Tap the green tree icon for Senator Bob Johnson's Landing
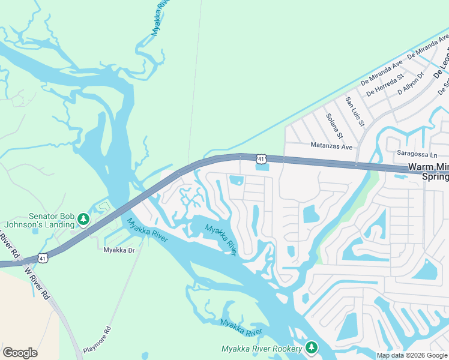(84, 219)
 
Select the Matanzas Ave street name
(332, 146)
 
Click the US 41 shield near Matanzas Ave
(260, 158)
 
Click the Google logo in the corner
(20, 353)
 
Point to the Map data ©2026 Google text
(411, 355)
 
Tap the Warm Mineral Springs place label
(428, 172)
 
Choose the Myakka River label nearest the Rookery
(241, 328)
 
